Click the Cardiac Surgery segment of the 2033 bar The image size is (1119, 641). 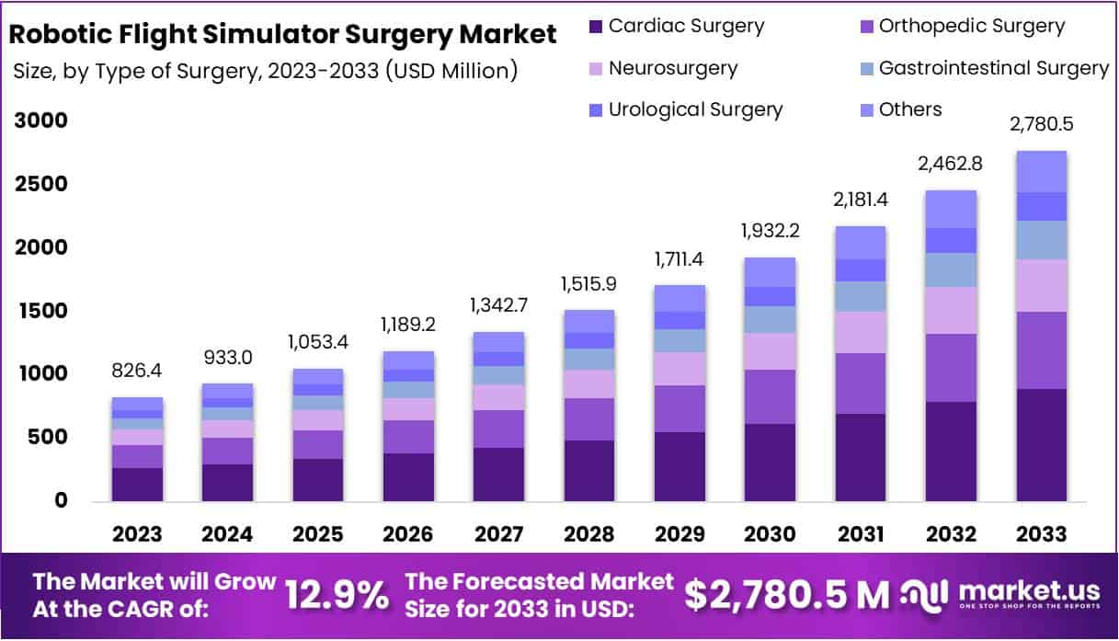[1041, 445]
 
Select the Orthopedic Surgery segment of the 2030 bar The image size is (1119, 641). [770, 396]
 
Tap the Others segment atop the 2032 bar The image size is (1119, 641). [951, 209]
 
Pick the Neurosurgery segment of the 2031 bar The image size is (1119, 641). [861, 332]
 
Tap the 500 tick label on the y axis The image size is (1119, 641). [48, 438]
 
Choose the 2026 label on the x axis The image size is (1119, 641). [408, 534]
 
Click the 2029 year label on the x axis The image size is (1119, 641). [679, 534]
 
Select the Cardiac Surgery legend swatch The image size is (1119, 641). [596, 27]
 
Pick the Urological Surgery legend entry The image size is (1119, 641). [695, 109]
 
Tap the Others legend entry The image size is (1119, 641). [910, 109]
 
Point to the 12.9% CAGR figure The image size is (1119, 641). [337, 595]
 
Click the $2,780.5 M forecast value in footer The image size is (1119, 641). [786, 595]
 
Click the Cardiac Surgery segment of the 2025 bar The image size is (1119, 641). [318, 479]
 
